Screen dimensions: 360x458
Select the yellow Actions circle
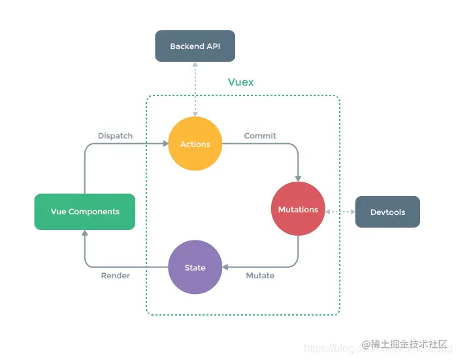(195, 144)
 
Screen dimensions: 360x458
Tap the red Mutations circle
(298, 209)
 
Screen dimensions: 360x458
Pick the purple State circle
(195, 267)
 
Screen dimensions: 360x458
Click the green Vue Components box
(85, 212)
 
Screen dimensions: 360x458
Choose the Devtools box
(387, 212)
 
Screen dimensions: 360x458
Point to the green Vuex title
(240, 82)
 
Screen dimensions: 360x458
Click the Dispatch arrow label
(115, 136)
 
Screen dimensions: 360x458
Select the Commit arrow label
(260, 136)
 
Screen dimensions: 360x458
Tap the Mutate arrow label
(260, 276)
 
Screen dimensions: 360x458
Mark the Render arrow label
(115, 276)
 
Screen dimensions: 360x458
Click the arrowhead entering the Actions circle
(164, 144)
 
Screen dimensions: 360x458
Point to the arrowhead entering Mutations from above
(299, 178)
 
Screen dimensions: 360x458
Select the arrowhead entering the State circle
(225, 267)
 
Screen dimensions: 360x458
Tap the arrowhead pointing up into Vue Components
(85, 233)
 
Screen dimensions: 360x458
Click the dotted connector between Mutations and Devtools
(340, 212)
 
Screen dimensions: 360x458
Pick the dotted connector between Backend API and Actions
(195, 88)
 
